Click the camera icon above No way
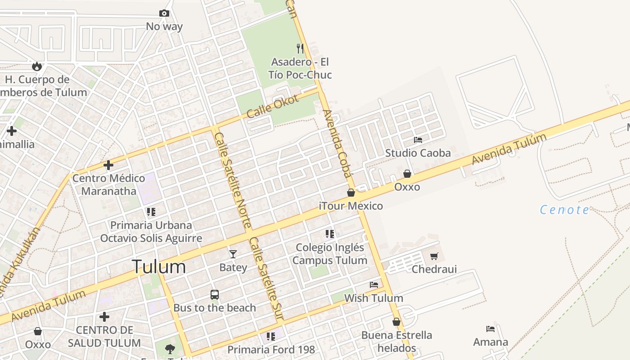(164, 13)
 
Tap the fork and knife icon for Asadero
(300, 49)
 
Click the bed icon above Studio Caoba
(418, 140)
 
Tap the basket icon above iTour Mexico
(351, 193)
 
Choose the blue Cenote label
(564, 210)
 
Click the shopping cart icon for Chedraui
(434, 256)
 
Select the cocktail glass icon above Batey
(233, 254)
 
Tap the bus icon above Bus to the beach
(215, 295)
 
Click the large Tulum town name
(159, 267)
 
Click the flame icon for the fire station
(37, 67)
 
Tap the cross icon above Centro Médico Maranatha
(108, 165)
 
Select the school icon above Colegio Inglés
(330, 234)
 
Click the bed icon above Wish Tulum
(373, 285)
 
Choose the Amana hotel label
(490, 342)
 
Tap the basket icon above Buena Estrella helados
(396, 322)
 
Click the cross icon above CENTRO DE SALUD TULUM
(104, 317)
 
